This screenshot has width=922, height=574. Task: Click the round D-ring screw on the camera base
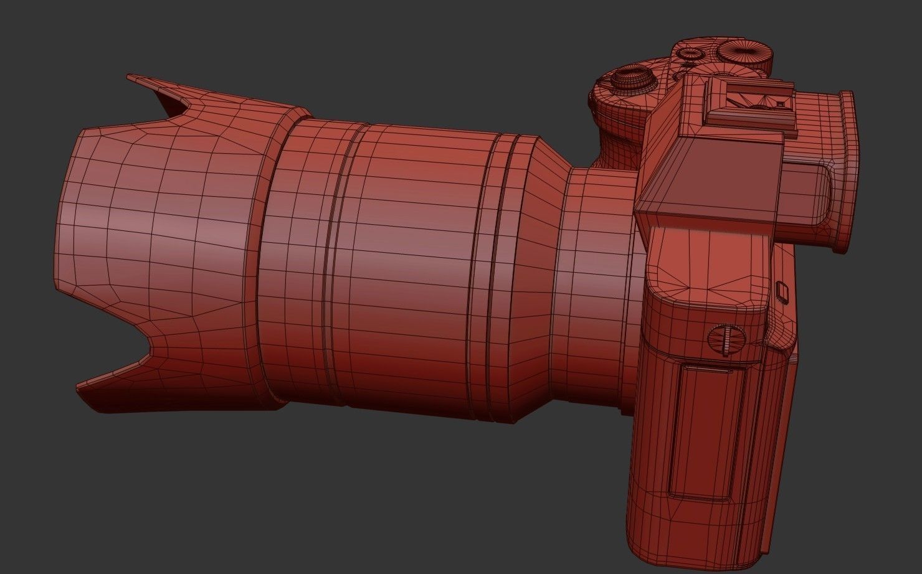[726, 339]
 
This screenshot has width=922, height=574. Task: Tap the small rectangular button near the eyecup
[783, 290]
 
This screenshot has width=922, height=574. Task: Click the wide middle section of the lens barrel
[417, 261]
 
